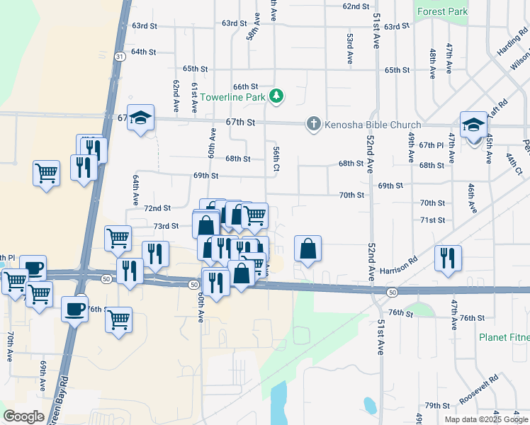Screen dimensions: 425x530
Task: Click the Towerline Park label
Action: tap(232, 96)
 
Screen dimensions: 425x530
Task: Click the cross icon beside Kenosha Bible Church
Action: tap(312, 124)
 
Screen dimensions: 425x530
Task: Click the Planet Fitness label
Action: tap(504, 337)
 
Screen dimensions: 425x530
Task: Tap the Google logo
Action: tap(23, 416)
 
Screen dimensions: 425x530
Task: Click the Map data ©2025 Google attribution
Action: tap(486, 419)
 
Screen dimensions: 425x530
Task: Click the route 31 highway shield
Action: tap(120, 56)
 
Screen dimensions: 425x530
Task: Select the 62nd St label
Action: tap(356, 6)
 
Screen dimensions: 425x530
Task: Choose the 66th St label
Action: tap(245, 86)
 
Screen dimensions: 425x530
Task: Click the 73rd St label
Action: tap(166, 226)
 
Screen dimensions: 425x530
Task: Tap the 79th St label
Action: tap(437, 406)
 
